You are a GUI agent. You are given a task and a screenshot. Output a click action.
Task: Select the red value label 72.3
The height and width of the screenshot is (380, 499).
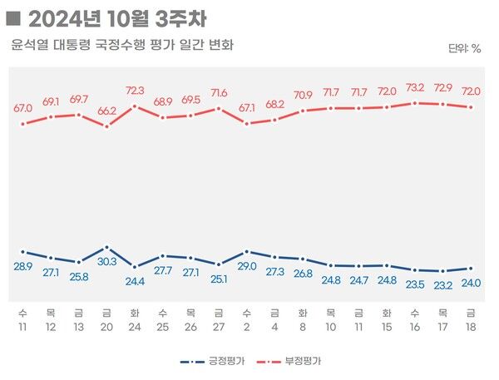(x=135, y=91)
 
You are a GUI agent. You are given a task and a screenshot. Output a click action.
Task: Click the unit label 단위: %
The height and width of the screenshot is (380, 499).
(x=464, y=48)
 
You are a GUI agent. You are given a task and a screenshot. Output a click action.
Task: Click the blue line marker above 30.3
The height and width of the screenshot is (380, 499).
(x=106, y=248)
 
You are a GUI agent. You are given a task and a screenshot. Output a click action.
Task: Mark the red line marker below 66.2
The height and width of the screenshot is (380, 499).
(x=106, y=126)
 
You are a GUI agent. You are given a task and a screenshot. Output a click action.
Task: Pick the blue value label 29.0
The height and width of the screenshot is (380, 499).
(x=247, y=265)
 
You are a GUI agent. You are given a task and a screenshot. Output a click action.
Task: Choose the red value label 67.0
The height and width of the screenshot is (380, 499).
(x=22, y=108)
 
